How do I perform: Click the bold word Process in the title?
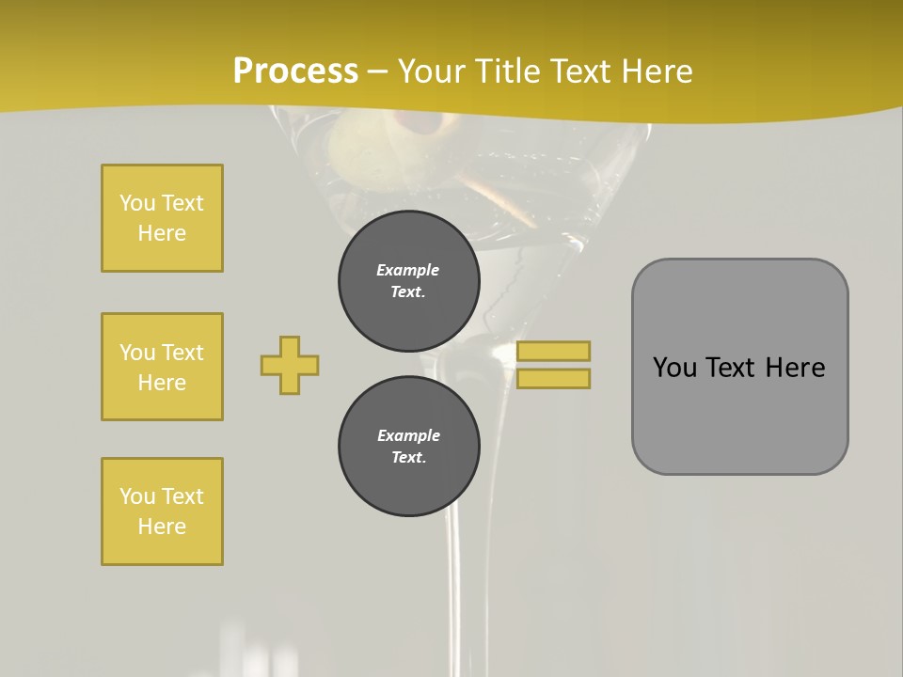pos(295,71)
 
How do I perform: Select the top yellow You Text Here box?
pos(162,218)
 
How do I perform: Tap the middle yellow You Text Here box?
pos(162,367)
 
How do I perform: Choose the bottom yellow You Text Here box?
pos(162,512)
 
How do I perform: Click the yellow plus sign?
pos(290,365)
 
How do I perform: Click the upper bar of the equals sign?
pos(554,351)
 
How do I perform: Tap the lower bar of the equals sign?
pos(554,378)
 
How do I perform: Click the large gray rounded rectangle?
pos(739,423)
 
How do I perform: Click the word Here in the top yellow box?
pos(162,233)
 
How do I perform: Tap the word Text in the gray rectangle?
pos(734,367)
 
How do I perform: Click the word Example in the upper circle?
pos(408,270)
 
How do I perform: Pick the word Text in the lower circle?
pos(407,457)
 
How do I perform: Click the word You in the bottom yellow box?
pos(137,496)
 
